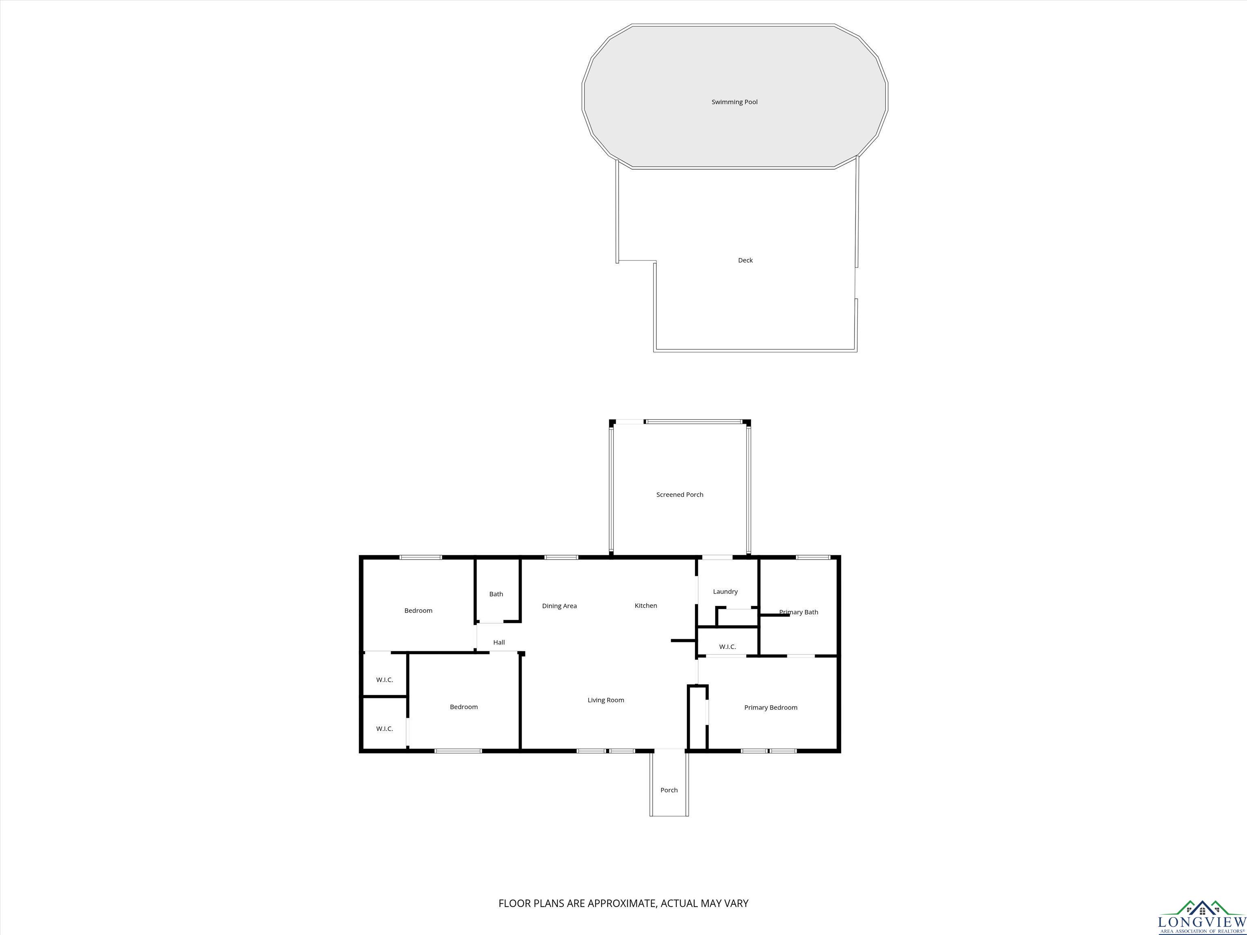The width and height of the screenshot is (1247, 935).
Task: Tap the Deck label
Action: tap(745, 261)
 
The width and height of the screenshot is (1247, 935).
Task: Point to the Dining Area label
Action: tap(559, 606)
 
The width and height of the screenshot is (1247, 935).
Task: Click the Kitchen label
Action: tap(645, 605)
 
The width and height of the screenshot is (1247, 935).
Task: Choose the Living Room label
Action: tap(606, 700)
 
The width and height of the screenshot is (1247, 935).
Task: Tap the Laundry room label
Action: tap(725, 591)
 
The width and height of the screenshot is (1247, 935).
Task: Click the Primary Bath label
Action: tap(798, 612)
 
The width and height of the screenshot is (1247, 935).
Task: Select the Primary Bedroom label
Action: tap(770, 707)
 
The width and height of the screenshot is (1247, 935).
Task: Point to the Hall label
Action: tap(499, 642)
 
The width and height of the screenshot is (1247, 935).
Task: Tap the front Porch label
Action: tap(669, 790)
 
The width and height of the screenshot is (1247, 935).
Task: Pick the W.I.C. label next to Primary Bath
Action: tap(727, 646)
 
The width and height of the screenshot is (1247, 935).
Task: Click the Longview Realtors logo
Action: tap(1202, 918)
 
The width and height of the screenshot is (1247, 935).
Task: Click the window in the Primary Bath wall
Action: tap(813, 558)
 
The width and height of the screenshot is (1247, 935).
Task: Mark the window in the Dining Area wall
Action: tap(561, 558)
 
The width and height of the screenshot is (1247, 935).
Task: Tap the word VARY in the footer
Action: tap(736, 903)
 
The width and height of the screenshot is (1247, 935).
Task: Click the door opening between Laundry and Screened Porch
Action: tap(717, 558)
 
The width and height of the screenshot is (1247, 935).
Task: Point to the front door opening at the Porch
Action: tap(669, 750)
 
